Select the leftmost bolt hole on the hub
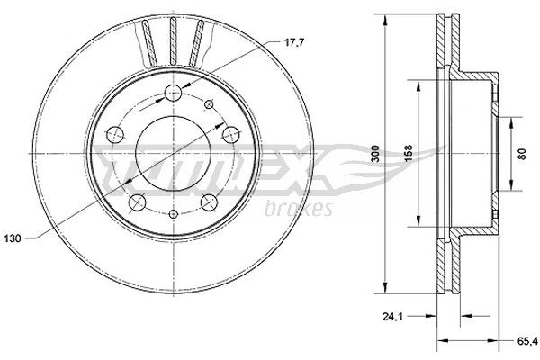pyautogui.click(x=114, y=135)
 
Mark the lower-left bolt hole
pyautogui.click(x=136, y=202)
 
